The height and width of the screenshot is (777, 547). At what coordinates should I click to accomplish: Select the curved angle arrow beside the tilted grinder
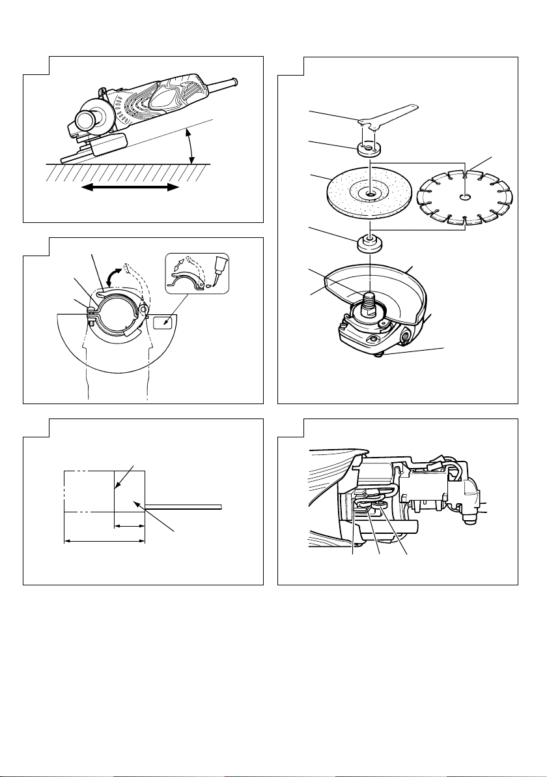coord(190,145)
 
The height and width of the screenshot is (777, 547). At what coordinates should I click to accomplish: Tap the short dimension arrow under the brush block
coord(129,524)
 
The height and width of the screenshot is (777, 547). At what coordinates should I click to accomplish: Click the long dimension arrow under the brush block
coord(104,540)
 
